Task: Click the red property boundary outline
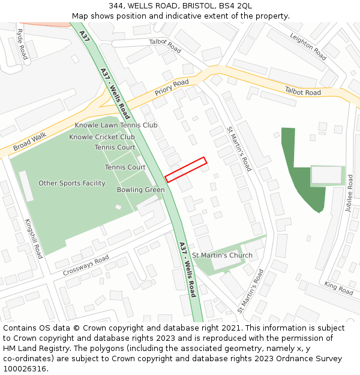pyautogui.click(x=185, y=170)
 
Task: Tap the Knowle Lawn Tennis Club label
pyautogui.click(x=116, y=125)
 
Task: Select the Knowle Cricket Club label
pyautogui.click(x=102, y=136)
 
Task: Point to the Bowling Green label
pyautogui.click(x=140, y=190)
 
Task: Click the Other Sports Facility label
pyautogui.click(x=72, y=183)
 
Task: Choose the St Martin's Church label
pyautogui.click(x=222, y=255)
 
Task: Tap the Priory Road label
pyautogui.click(x=172, y=88)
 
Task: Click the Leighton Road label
pyautogui.click(x=308, y=46)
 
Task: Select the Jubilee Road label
pyautogui.click(x=349, y=193)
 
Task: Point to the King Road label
pyautogui.click(x=339, y=288)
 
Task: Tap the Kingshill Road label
pyautogui.click(x=34, y=238)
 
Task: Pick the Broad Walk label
pyautogui.click(x=29, y=142)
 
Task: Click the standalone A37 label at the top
pyautogui.click(x=84, y=36)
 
